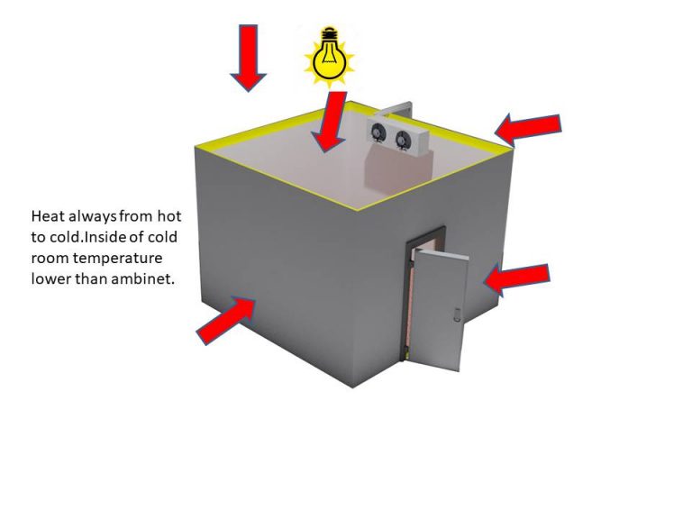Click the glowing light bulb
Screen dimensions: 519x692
(x=329, y=54)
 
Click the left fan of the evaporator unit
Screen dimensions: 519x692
(x=379, y=135)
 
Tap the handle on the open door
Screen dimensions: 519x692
(x=456, y=315)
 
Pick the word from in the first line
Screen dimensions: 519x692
(x=138, y=217)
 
